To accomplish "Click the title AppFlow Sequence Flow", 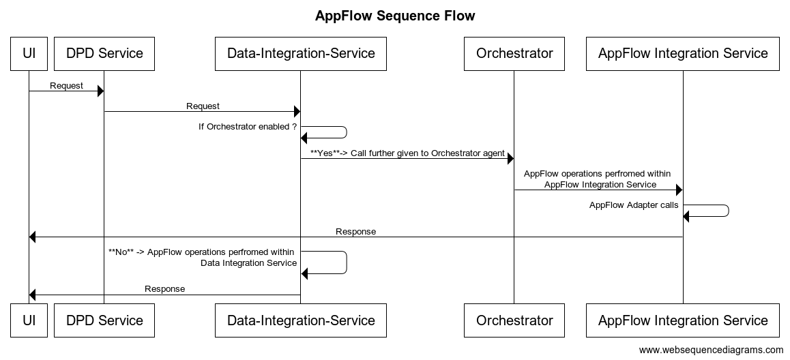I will coord(395,16).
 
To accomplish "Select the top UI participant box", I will coord(29,54).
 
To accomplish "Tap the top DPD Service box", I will coord(104,54).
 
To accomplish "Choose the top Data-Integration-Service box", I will coord(300,54).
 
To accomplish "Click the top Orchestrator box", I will coord(514,54).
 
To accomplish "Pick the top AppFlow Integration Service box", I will coord(682,54).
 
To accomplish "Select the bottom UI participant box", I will coord(29,320).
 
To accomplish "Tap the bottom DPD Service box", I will coord(104,320).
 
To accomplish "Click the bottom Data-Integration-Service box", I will coord(300,320).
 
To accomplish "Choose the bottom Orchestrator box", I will coord(514,320).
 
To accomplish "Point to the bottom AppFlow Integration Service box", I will coord(682,320).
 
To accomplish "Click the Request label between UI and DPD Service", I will coord(66,86).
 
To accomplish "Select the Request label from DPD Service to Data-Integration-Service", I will coord(203,106).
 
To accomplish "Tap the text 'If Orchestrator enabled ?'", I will coord(248,127).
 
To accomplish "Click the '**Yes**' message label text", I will coord(407,153).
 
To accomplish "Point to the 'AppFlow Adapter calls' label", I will coord(634,205).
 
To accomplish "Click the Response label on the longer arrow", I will coord(355,232).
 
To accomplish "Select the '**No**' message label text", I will coord(203,257).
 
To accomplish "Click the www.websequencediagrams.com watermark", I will coord(711,350).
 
